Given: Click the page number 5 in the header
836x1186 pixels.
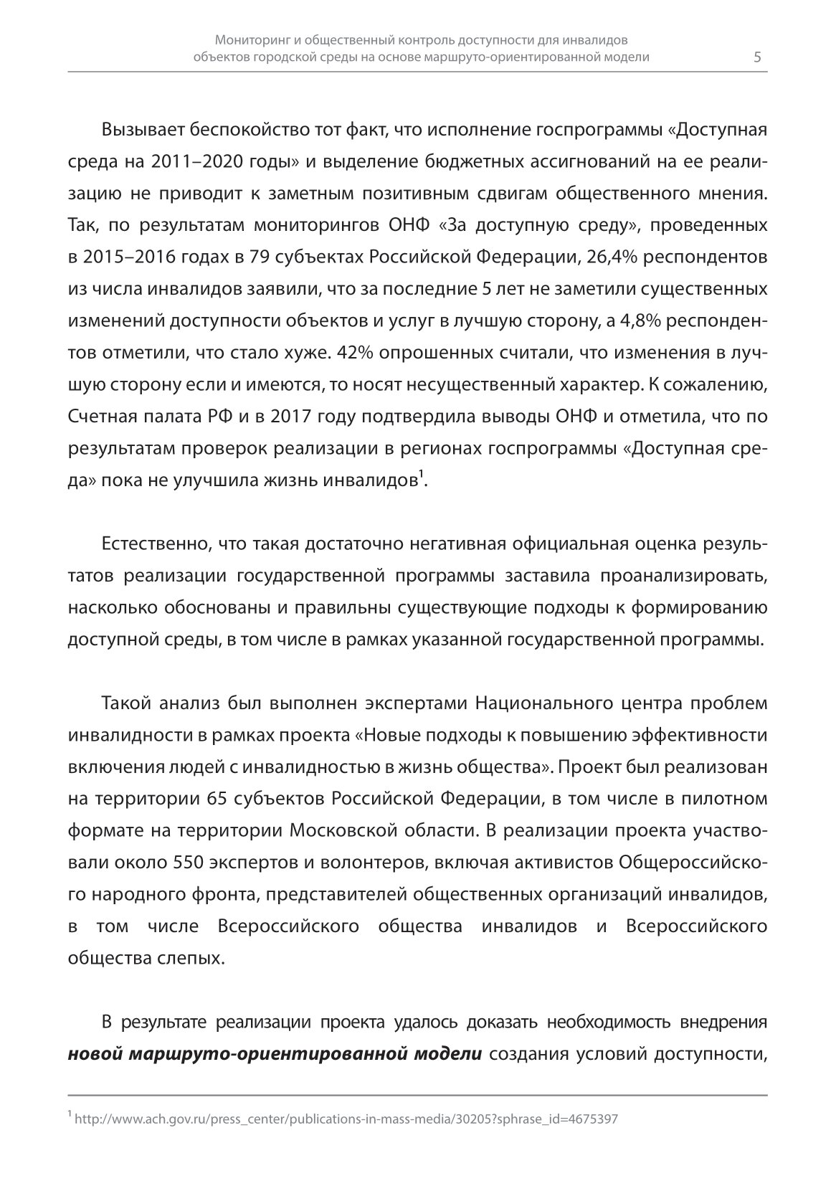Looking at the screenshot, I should [758, 57].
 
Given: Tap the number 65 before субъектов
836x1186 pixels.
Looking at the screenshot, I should [220, 798].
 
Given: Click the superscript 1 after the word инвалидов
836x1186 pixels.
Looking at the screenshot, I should [421, 474].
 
